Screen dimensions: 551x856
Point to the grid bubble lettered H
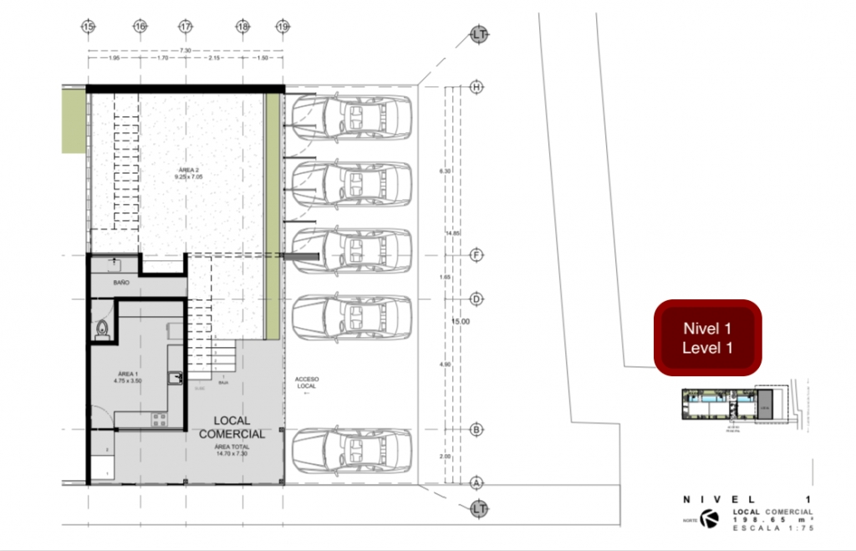477,87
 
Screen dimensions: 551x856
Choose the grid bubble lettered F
477,254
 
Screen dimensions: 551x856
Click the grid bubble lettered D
477,298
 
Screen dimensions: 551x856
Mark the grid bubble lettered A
477,482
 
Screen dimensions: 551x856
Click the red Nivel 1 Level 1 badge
707,338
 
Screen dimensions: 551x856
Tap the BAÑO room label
121,283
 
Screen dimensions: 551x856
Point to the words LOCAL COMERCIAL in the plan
232,426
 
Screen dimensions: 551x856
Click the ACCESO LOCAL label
307,384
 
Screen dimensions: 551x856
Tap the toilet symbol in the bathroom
103,329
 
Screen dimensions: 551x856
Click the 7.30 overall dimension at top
186,51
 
